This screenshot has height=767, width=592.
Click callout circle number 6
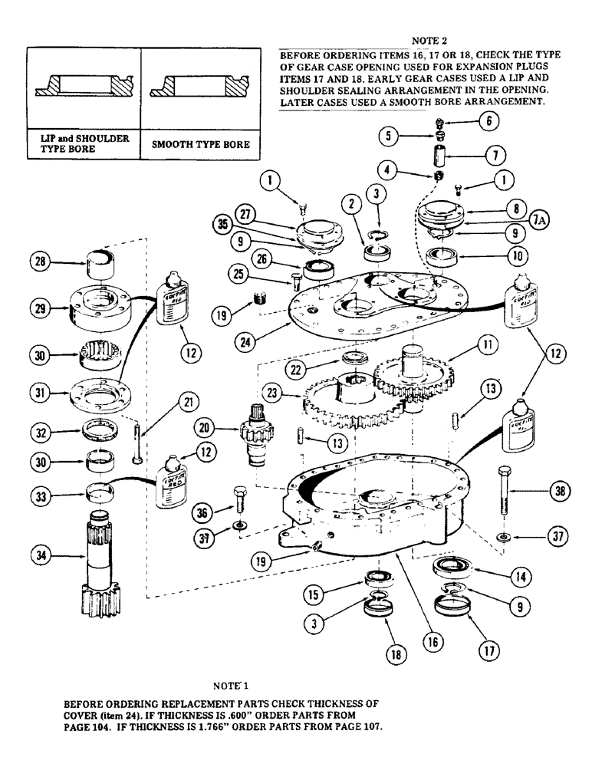pos(485,121)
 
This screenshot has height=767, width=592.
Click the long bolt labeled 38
pos(502,491)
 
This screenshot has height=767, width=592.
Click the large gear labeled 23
pos(337,401)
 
